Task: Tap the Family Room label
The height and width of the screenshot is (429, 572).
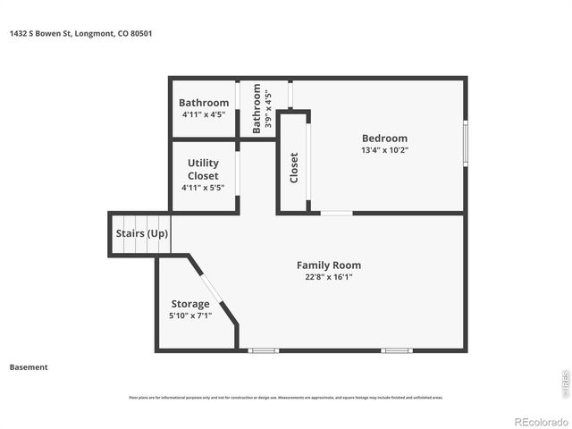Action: (329, 265)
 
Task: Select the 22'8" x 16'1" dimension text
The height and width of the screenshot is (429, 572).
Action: (329, 277)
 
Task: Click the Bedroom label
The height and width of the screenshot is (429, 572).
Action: (384, 139)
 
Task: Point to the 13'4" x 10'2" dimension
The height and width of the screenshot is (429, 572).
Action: (384, 150)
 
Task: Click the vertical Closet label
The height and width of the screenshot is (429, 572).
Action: (294, 167)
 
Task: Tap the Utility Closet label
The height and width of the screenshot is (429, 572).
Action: (203, 170)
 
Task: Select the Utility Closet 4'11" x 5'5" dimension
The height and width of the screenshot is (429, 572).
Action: (203, 188)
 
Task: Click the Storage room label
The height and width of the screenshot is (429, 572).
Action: (190, 304)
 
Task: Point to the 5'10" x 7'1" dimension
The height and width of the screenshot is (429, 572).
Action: (190, 315)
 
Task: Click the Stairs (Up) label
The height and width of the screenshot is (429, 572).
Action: (141, 234)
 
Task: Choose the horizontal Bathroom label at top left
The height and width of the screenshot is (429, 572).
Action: (204, 103)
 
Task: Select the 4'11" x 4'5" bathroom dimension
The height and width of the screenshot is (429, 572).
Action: (204, 114)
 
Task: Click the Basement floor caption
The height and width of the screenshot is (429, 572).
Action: (29, 367)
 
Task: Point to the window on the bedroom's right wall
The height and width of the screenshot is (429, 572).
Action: (465, 143)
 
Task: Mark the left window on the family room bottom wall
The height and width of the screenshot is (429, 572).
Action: (264, 350)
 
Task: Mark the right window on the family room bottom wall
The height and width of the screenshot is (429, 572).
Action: (396, 350)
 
